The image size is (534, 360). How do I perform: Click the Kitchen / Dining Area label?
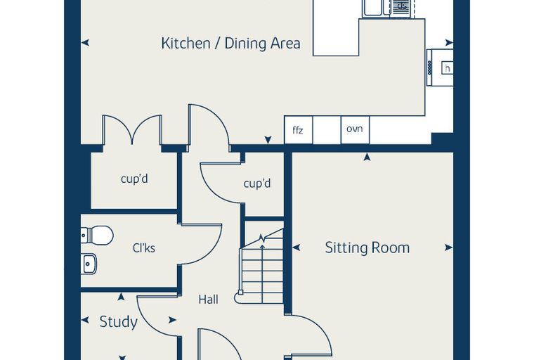tap(231, 44)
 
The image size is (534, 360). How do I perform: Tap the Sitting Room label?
tap(367, 247)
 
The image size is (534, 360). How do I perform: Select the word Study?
tap(119, 322)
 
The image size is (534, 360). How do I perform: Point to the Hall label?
tap(208, 300)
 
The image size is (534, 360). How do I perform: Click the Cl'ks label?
tap(144, 247)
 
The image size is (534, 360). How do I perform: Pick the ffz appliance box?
tap(299, 130)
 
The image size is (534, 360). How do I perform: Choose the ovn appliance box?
tap(355, 130)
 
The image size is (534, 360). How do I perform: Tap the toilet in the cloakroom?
tap(98, 236)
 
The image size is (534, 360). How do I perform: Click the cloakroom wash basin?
tap(89, 264)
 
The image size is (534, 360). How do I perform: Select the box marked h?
tap(447, 67)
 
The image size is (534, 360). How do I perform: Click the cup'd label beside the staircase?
tap(257, 184)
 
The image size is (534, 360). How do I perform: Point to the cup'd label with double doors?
tap(134, 179)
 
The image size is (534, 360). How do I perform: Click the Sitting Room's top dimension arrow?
tap(367, 157)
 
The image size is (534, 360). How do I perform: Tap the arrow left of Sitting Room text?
tap(297, 247)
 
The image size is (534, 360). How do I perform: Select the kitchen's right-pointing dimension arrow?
tap(449, 43)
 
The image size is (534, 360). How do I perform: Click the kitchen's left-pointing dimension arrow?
tap(85, 43)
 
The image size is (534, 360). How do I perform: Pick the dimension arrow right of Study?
tap(173, 320)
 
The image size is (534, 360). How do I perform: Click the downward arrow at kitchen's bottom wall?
tap(268, 140)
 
